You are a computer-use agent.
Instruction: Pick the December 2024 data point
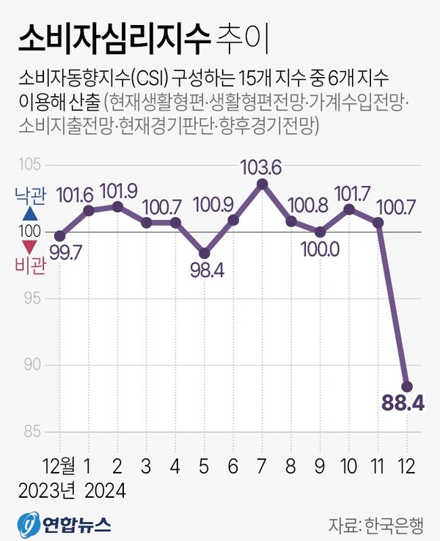click(407, 386)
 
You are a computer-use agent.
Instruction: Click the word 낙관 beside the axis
click(30, 196)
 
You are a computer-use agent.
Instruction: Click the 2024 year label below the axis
click(104, 490)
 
